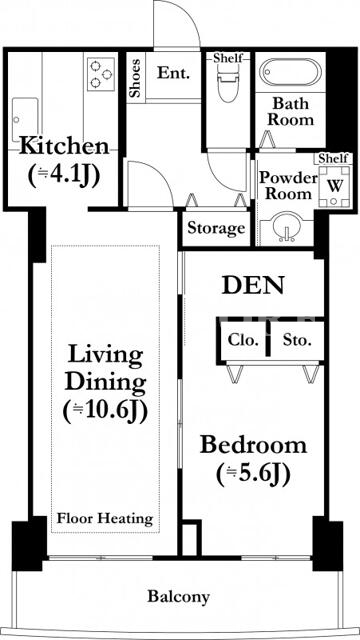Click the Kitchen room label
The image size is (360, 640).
(x=64, y=146)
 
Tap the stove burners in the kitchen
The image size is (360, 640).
(x=100, y=74)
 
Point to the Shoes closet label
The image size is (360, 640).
(x=135, y=78)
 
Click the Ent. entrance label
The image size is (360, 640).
(x=174, y=73)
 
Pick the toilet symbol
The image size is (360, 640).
(x=227, y=83)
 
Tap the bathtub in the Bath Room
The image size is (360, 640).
(x=290, y=72)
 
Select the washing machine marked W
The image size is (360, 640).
(x=334, y=186)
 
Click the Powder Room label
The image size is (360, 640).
(x=289, y=186)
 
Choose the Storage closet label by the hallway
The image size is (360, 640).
(x=216, y=228)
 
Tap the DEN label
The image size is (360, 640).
(x=253, y=286)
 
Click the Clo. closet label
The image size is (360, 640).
(x=243, y=340)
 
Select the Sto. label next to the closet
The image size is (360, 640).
(x=297, y=340)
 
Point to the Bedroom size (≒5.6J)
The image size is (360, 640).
(x=253, y=474)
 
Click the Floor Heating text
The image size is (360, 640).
(x=105, y=519)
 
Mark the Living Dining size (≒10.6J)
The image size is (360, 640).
(x=105, y=412)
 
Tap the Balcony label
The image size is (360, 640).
(x=178, y=597)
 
